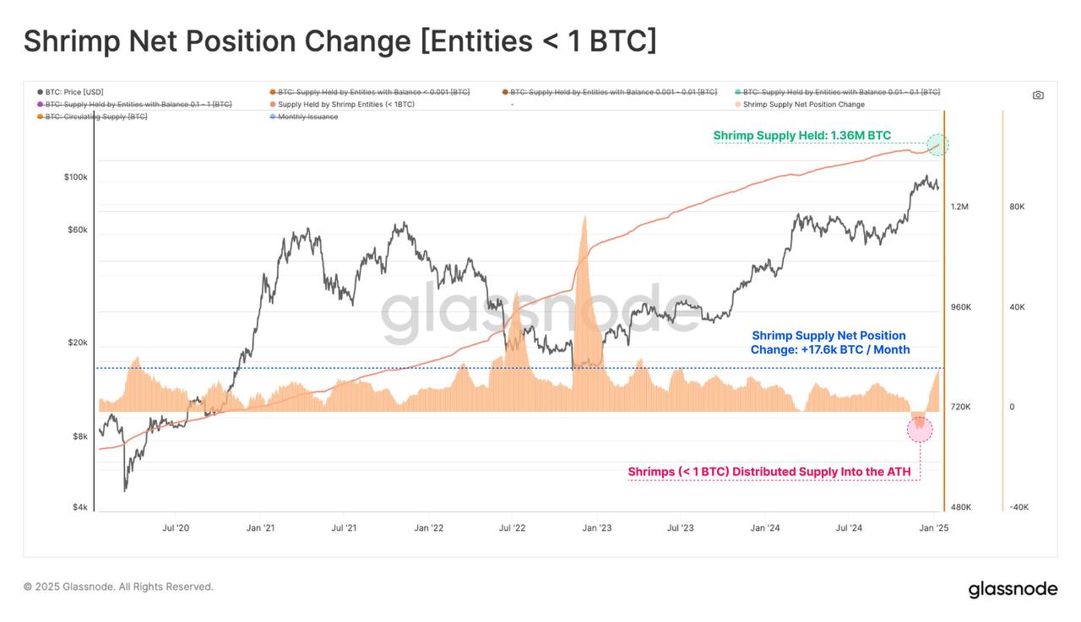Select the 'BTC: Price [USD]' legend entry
[74, 92]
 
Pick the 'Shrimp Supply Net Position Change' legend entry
[803, 105]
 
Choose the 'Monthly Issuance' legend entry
[307, 116]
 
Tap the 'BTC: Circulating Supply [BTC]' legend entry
[95, 116]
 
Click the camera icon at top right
[1038, 95]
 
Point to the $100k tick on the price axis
[75, 177]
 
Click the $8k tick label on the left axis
[79, 436]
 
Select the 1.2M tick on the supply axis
[959, 207]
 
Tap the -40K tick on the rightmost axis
[1018, 507]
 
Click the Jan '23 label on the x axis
[596, 528]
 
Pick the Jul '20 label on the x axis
[175, 528]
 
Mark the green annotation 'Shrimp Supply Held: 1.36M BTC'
[801, 136]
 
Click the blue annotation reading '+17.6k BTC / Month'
[829, 349]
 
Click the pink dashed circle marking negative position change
[920, 429]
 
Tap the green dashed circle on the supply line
[937, 145]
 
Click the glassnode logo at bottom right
[1012, 588]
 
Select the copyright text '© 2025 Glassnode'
[118, 587]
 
